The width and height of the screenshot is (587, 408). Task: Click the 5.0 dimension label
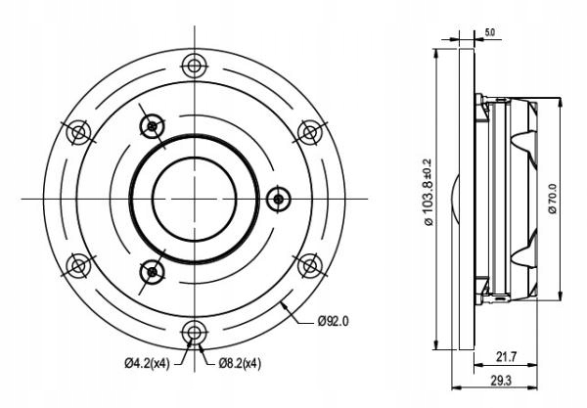tap(489, 32)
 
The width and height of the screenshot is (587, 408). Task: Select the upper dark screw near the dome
tap(151, 124)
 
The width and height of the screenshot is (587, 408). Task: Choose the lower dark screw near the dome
tap(151, 272)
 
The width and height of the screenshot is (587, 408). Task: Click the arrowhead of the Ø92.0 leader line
tap(283, 304)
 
